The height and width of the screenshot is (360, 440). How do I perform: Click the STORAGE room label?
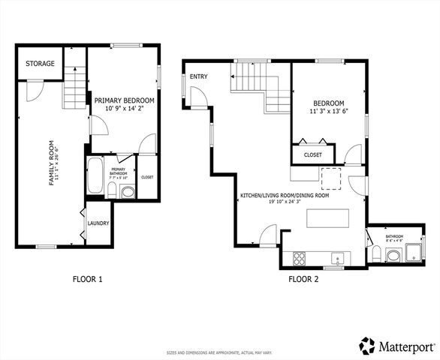click(40, 64)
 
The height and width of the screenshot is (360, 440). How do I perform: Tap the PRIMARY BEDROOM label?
click(125, 100)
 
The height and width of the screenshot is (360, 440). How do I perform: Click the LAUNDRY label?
click(98, 223)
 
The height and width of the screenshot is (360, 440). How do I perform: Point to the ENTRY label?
click(198, 76)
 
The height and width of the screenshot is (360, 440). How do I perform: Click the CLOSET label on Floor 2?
click(313, 155)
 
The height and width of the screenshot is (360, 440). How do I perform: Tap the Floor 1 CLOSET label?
click(147, 177)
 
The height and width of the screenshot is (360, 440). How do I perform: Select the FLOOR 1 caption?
click(87, 280)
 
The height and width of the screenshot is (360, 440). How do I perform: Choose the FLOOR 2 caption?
click(303, 280)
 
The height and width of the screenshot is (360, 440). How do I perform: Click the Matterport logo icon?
click(366, 345)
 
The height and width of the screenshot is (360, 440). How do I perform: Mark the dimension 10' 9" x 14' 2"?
click(125, 109)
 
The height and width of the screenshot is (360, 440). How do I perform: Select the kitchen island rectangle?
click(328, 218)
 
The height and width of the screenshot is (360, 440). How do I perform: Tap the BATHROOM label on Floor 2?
click(394, 237)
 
